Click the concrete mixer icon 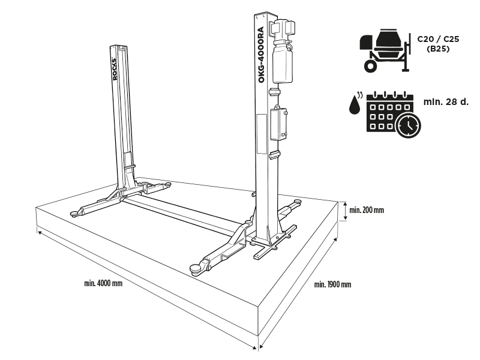(x=385, y=51)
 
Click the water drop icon (x=355, y=104)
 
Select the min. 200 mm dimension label (x=366, y=210)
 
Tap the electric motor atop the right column (x=281, y=28)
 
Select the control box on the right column (x=280, y=124)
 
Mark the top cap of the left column (x=119, y=46)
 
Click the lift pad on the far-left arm (x=74, y=212)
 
